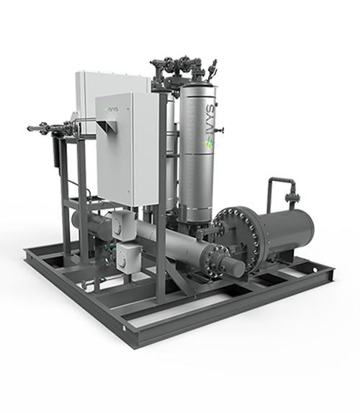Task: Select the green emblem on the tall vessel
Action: point(208,143)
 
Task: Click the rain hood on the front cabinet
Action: point(107,125)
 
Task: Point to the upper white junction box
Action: point(123,224)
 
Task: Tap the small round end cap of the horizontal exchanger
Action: point(235,265)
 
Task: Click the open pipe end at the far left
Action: point(29,128)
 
